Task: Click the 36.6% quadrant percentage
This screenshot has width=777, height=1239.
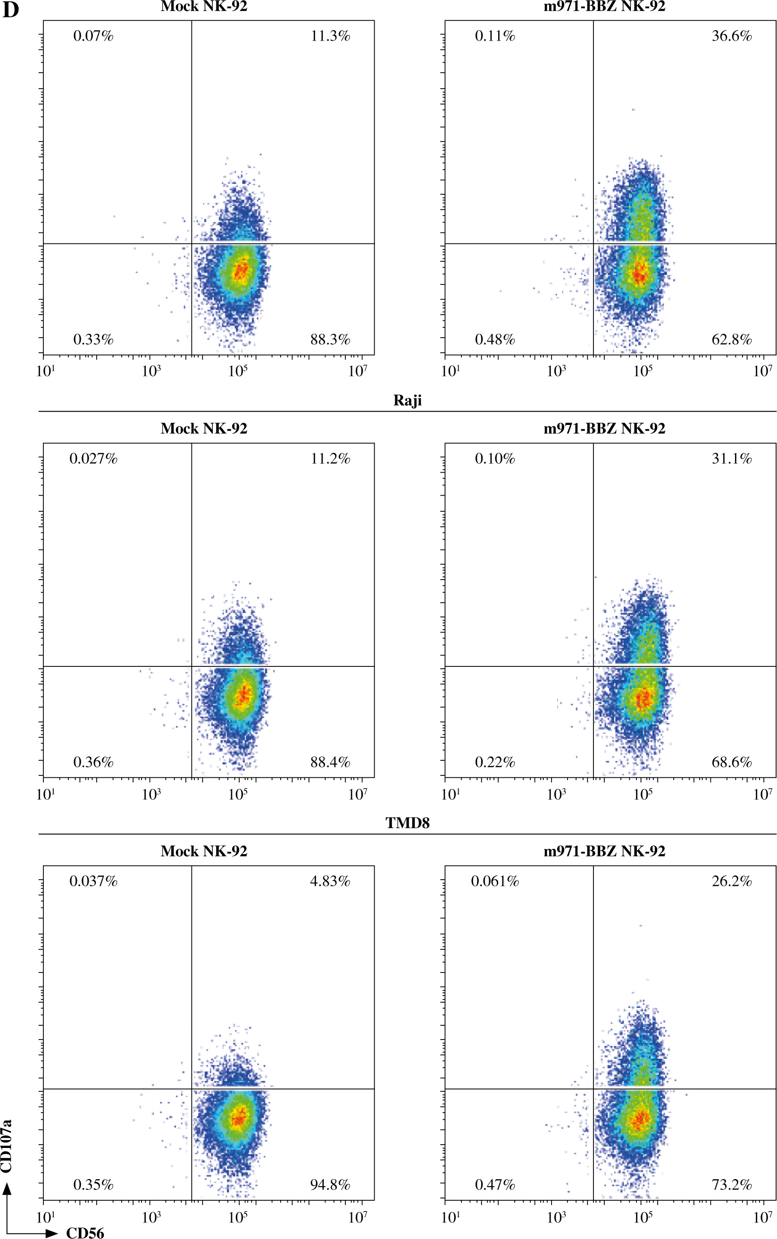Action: click(x=731, y=36)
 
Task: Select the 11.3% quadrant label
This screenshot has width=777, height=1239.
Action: click(x=330, y=36)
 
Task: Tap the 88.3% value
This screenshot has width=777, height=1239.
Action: click(x=330, y=340)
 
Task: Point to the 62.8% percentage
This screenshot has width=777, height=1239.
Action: click(x=731, y=340)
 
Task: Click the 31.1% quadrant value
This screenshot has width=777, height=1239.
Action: click(x=731, y=459)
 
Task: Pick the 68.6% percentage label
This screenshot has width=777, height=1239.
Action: click(x=731, y=762)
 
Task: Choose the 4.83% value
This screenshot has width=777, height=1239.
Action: click(x=330, y=881)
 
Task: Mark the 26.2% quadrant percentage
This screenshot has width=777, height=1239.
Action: click(x=731, y=881)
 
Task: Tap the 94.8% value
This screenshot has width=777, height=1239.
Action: click(x=330, y=1185)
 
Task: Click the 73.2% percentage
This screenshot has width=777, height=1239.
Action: click(x=731, y=1185)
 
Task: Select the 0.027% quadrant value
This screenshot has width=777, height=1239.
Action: click(x=93, y=459)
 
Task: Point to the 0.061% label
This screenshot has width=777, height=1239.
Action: click(x=494, y=881)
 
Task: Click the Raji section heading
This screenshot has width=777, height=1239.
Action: click(x=408, y=401)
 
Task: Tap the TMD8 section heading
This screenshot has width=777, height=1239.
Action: click(x=408, y=823)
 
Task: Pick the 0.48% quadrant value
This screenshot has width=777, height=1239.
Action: click(x=494, y=340)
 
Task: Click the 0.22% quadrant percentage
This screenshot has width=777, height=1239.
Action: click(x=494, y=762)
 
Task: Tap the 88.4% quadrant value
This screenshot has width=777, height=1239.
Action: click(x=330, y=762)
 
